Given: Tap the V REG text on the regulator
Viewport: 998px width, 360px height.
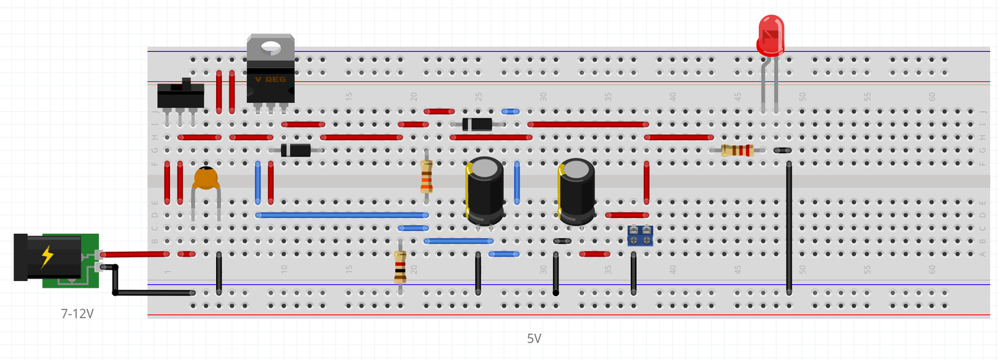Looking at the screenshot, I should pos(270,80).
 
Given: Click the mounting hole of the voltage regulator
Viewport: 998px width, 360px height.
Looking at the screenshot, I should pos(271,47).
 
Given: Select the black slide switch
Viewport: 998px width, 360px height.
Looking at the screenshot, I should pos(180,95).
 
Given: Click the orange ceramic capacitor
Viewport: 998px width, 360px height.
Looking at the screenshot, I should pos(206,179).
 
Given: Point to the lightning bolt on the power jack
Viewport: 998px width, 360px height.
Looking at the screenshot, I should pos(47,257).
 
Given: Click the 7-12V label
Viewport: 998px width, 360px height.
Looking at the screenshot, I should pos(77,314).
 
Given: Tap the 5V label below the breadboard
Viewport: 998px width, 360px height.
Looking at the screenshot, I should pos(534,339).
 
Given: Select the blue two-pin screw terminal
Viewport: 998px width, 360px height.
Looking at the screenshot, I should pos(640,235).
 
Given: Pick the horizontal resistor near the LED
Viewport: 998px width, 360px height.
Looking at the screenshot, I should pos(738,151).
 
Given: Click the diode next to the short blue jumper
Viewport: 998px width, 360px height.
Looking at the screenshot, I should pos(477,124).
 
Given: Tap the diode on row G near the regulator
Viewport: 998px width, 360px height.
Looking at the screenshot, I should pos(296,151).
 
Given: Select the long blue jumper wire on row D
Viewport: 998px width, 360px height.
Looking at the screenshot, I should pos(342,215).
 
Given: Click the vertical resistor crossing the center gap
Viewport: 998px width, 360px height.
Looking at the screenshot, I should pos(426,176).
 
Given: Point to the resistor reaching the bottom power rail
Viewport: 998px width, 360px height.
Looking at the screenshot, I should pos(400,267).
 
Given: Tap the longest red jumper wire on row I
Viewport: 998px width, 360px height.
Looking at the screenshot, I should pos(588,124).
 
